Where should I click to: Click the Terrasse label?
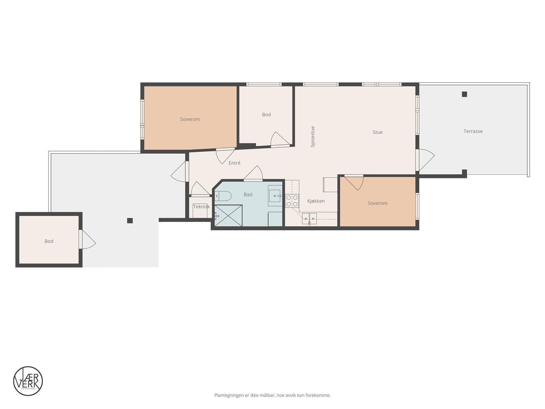pos(473,131)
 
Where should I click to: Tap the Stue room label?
pos(377,132)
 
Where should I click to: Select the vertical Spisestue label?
pos(313,137)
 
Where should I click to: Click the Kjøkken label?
pos(316,201)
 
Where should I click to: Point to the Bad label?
pos(248,195)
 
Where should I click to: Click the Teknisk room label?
pos(201,207)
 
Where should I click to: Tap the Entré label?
pos(234,163)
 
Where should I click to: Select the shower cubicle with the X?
pos(228,215)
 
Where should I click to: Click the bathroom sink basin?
pos(275,196)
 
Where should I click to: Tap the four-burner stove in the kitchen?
pos(292,201)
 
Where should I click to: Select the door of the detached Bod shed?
pos(87,240)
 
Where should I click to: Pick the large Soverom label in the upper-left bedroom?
pos(190,119)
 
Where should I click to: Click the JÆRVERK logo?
pos(28,381)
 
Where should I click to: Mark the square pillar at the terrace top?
pos(464,94)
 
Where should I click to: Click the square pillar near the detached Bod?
pos(130,221)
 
